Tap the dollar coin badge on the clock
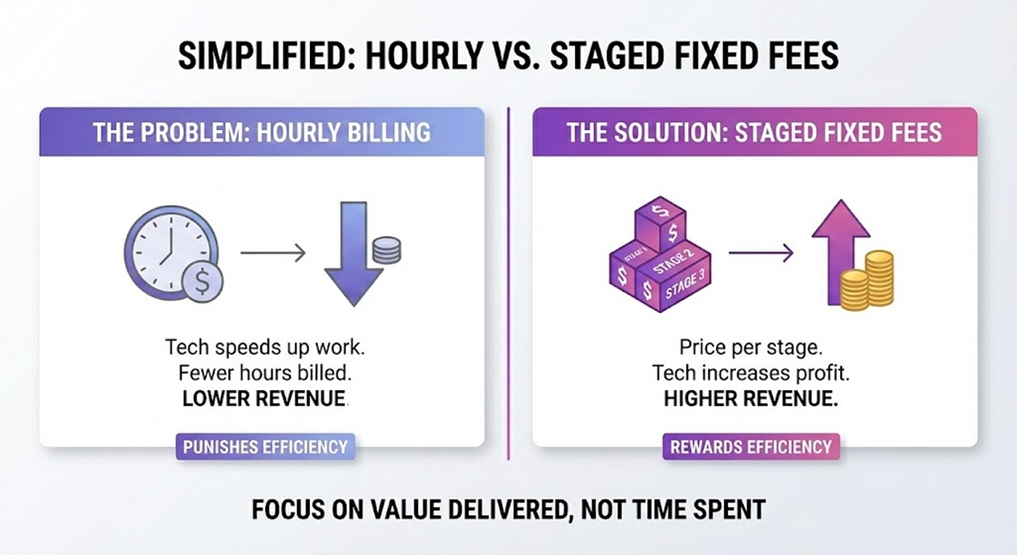click(203, 282)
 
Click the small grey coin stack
click(386, 250)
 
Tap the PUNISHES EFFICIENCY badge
click(265, 447)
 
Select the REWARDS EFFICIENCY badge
click(750, 447)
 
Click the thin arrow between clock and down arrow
click(273, 254)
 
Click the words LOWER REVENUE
click(264, 398)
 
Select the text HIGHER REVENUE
click(751, 398)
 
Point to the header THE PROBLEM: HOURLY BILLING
click(261, 131)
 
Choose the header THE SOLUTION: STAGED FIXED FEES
click(754, 131)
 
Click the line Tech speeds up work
click(265, 348)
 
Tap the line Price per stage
click(750, 348)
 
